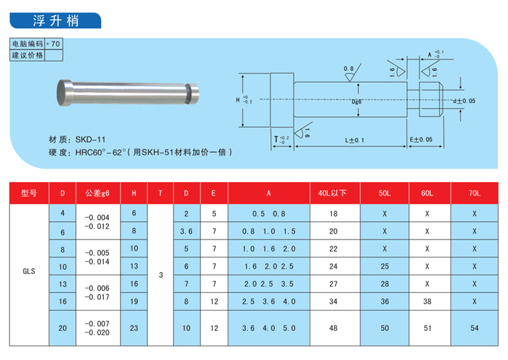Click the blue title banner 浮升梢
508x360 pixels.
click(x=56, y=20)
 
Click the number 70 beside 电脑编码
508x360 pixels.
click(x=56, y=44)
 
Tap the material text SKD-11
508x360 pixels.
click(x=90, y=139)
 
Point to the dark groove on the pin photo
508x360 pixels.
click(x=188, y=94)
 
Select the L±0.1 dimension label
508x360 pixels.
click(x=354, y=140)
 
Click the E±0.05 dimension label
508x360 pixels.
click(x=421, y=139)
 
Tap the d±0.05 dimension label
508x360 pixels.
click(x=464, y=101)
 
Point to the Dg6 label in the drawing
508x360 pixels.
click(x=356, y=102)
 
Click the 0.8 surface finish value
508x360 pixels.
click(x=348, y=68)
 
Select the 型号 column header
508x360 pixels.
click(x=29, y=194)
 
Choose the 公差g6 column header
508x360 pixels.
click(x=98, y=194)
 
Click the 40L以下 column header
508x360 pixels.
click(x=332, y=194)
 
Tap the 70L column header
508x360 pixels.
click(x=474, y=194)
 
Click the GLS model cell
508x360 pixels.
click(x=29, y=271)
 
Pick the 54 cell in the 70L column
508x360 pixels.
click(x=474, y=328)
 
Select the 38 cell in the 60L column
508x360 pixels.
click(x=427, y=301)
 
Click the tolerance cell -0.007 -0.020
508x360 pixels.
click(x=97, y=328)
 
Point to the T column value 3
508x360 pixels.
click(x=161, y=275)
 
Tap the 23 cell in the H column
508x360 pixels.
click(x=134, y=328)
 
